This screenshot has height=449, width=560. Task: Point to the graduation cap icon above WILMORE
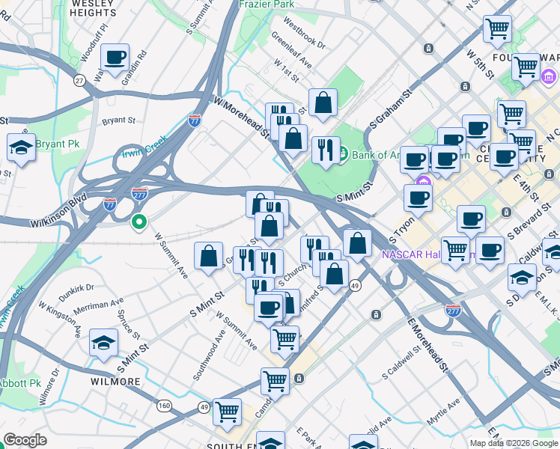click(104, 343)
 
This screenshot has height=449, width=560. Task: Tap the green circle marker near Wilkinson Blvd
click(138, 222)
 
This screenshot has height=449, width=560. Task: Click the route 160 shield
click(165, 406)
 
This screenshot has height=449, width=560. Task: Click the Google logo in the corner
click(25, 440)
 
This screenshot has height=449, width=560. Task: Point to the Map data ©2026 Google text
click(513, 443)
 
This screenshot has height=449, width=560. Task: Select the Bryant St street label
click(119, 120)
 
